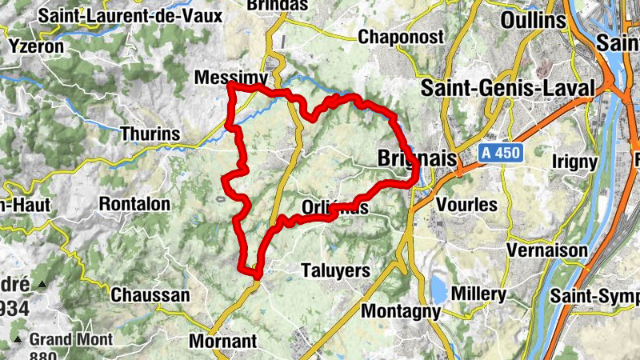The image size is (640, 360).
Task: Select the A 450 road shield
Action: (501, 152)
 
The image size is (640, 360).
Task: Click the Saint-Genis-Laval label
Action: (509, 87)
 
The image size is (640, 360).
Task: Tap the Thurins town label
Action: (150, 134)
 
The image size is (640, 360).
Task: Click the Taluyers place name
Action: (335, 270)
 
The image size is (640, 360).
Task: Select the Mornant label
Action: (223, 342)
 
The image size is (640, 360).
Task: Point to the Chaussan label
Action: (150, 295)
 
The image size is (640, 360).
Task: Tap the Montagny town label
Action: (402, 310)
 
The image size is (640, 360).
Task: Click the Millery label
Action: (478, 294)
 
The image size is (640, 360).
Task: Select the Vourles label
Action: (466, 204)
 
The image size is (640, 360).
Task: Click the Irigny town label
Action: (574, 162)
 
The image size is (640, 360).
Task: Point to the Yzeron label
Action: (35, 46)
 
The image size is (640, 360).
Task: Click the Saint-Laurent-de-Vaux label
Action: (114, 14)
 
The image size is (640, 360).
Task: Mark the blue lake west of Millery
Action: (438, 288)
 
